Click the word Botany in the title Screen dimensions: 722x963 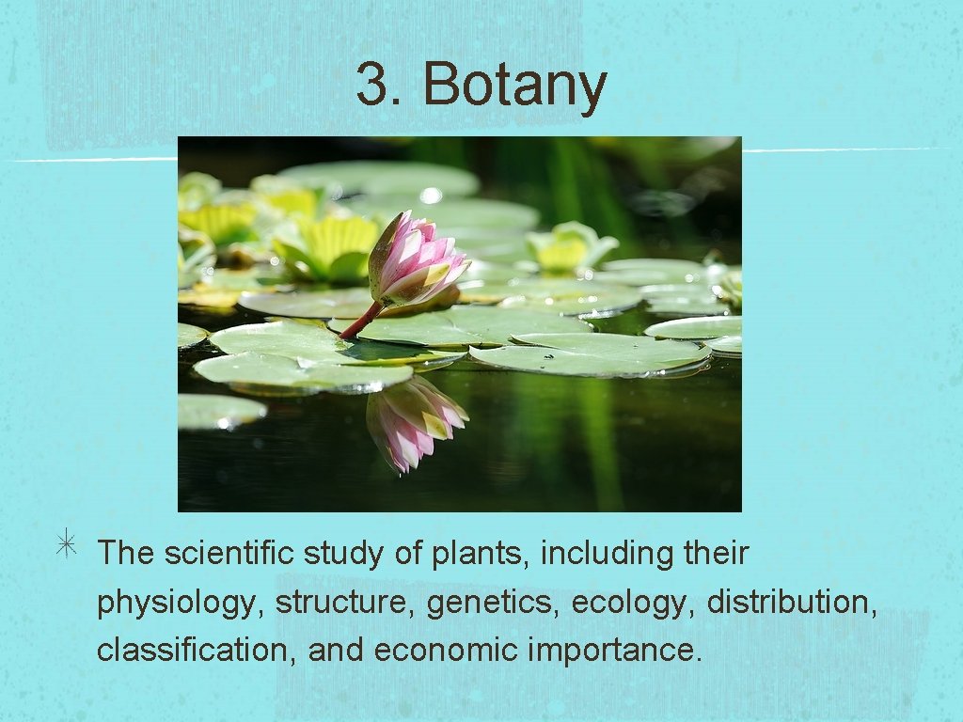514,85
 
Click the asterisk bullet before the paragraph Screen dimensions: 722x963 67,551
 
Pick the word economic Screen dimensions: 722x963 446,650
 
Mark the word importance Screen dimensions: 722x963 615,651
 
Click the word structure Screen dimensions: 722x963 345,602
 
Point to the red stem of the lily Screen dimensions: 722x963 361,322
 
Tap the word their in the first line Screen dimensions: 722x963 716,553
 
